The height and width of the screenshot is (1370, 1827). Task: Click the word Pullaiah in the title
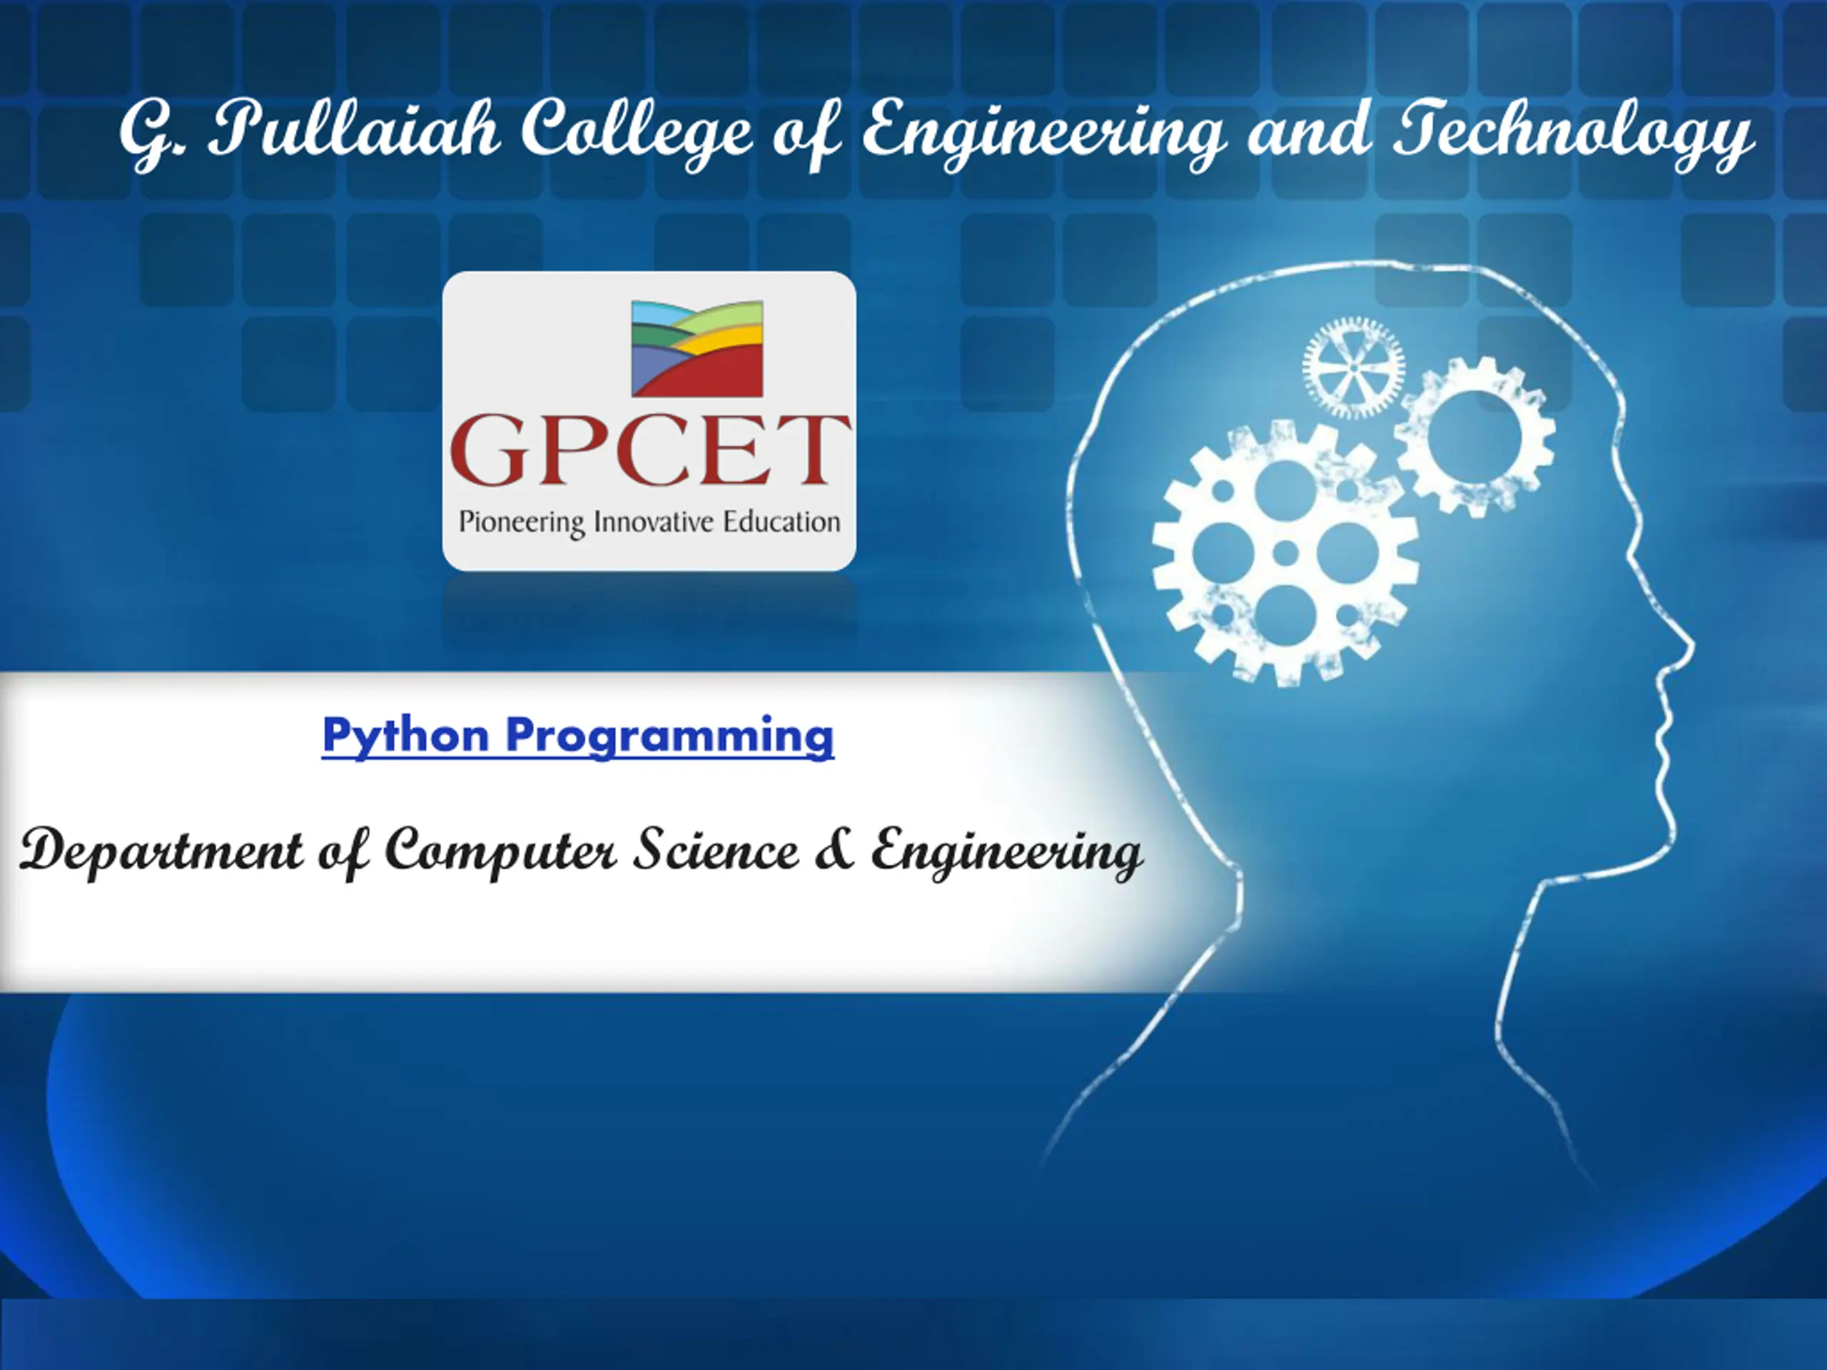pyautogui.click(x=353, y=130)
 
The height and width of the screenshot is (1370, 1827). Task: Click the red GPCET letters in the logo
pyautogui.click(x=650, y=450)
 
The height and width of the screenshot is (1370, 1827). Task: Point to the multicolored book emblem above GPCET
pyautogui.click(x=697, y=347)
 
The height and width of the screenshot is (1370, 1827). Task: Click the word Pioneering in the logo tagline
pyautogui.click(x=522, y=523)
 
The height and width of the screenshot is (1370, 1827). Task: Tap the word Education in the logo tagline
pyautogui.click(x=781, y=521)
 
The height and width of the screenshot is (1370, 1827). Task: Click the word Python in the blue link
pyautogui.click(x=405, y=735)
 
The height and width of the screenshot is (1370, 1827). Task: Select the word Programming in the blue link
pyautogui.click(x=670, y=735)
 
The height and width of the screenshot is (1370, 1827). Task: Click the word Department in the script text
pyautogui.click(x=162, y=851)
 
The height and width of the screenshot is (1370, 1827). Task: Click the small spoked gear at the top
pyautogui.click(x=1354, y=368)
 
